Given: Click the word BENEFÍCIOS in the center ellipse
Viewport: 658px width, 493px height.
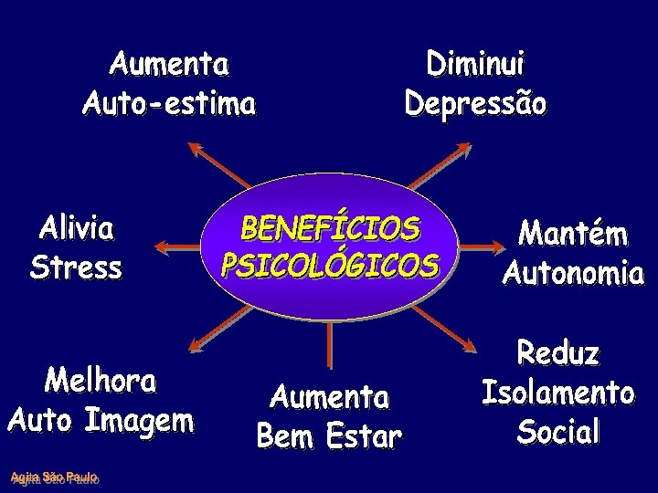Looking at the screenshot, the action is click(330, 228).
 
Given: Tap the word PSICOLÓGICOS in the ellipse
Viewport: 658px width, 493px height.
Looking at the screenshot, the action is click(330, 265).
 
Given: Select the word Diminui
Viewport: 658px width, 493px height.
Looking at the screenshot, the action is click(475, 66).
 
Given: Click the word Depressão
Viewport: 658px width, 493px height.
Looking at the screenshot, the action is click(475, 102).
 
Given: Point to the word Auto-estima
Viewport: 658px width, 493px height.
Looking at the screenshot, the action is click(169, 103).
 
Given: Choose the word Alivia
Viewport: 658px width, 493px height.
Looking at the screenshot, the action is click(77, 228).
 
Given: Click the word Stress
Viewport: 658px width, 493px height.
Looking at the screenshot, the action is click(76, 268).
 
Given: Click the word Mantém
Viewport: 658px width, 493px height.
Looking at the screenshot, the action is click(573, 234).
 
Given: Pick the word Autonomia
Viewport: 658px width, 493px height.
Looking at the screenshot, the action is click(573, 273).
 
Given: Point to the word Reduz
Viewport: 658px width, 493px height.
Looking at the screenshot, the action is click(558, 353).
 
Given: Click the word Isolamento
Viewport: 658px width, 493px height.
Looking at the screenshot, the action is click(557, 393).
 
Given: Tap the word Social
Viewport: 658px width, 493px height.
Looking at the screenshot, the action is click(558, 431).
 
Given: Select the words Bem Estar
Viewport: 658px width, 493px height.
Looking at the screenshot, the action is click(329, 436).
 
